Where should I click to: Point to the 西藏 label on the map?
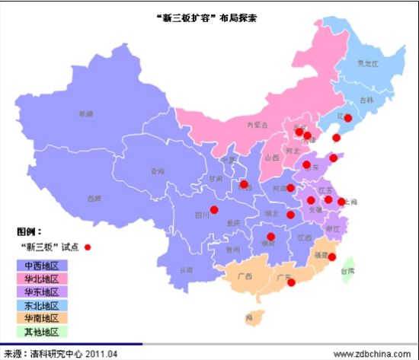coord(94,198)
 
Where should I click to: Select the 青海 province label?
coord(157,171)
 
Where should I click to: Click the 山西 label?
coord(271,158)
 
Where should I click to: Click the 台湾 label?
coord(347,270)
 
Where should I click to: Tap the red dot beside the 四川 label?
coord(214,209)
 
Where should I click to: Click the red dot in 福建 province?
coord(332,256)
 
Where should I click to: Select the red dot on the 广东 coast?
coord(290,282)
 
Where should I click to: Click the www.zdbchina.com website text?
coord(373,353)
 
